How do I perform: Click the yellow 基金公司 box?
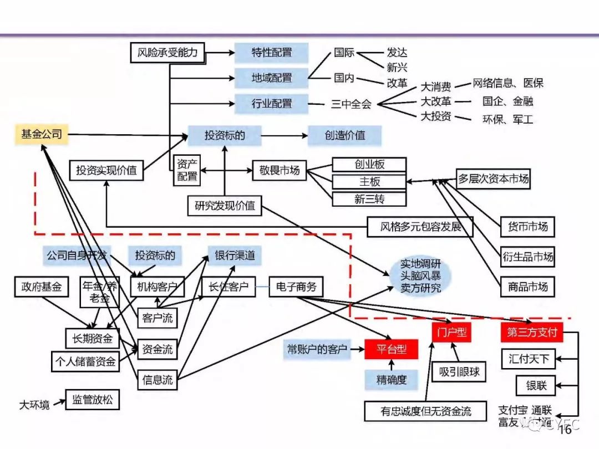point(42,134)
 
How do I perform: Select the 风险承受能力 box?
point(167,53)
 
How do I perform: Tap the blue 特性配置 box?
point(271,53)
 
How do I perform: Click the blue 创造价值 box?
point(344,135)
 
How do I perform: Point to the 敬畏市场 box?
point(279,170)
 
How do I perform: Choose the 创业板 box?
point(369,165)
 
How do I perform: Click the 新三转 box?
point(369,199)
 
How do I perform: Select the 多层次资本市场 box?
point(493,178)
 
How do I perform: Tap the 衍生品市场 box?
point(527,257)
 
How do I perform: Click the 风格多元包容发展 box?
point(420,227)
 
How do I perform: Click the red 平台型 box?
point(390,349)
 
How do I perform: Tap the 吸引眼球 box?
point(459,372)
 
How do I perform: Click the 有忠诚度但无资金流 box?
point(426,411)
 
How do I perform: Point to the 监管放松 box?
point(92,399)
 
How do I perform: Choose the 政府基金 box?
point(41,287)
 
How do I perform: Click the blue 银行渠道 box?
point(235,256)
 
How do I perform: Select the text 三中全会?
point(351,104)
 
